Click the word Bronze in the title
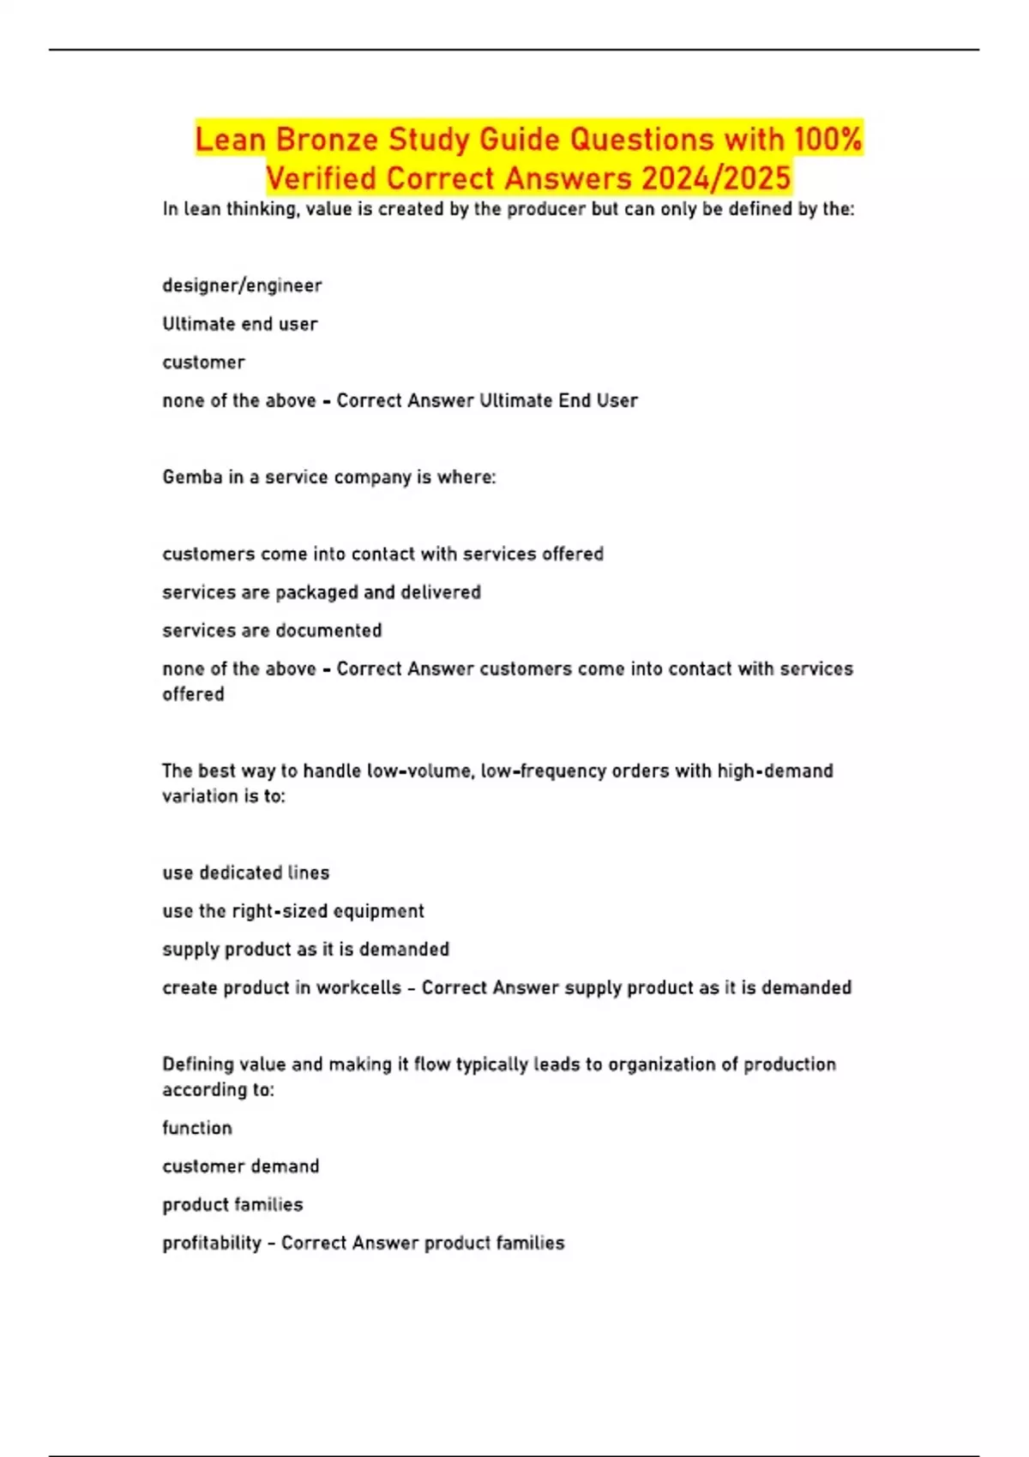click(x=328, y=139)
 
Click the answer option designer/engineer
click(x=242, y=285)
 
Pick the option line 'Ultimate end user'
click(x=240, y=324)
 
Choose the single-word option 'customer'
click(x=203, y=363)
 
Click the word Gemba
click(x=192, y=477)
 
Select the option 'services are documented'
click(x=272, y=631)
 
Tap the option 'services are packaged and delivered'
click(x=322, y=592)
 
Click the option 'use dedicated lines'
click(x=245, y=873)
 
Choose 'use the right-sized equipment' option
click(x=293, y=911)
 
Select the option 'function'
click(x=197, y=1128)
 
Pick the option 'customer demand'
click(x=241, y=1166)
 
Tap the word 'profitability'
click(x=212, y=1244)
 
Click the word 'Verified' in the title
click(x=321, y=178)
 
